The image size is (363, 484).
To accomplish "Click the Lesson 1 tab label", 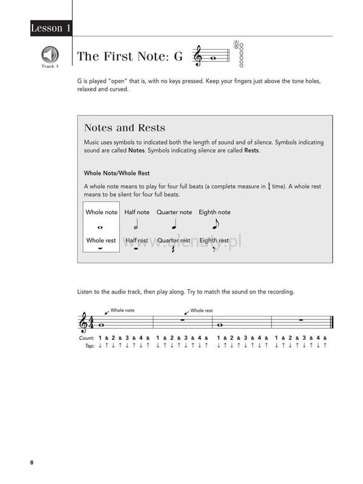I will coord(50,28).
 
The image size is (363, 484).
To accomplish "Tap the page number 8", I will coord(31,463).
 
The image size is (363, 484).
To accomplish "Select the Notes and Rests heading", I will coord(125,128).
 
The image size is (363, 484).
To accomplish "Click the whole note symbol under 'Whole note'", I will coord(100,227).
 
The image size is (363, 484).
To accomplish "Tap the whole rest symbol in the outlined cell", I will coord(100,248).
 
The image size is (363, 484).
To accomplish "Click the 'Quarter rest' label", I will coord(174,240).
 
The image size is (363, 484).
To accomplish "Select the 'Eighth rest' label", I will coord(214,240).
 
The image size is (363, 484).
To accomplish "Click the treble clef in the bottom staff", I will coord(83,323).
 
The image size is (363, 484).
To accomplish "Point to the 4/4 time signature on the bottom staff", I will coord(91,323).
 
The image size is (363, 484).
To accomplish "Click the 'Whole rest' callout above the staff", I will coord(201,310).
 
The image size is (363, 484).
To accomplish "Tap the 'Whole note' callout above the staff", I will coord(122,310).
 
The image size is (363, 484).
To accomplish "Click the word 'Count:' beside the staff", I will coord(87,338).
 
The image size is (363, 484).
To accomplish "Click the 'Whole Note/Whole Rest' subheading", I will coord(117,172).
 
